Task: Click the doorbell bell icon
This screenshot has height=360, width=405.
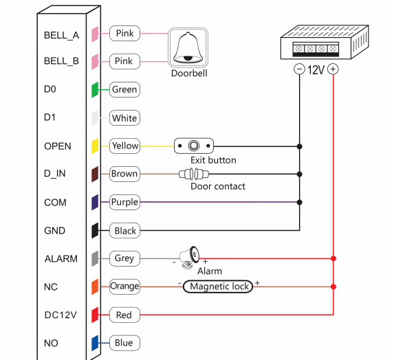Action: tap(188, 47)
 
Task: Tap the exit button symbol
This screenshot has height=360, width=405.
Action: tap(194, 146)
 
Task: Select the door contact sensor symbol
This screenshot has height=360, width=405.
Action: tap(194, 174)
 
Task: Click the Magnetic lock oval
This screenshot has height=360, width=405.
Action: tap(218, 286)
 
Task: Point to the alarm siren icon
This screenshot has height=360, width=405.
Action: tap(190, 258)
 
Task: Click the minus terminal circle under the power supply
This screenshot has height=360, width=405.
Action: tap(299, 69)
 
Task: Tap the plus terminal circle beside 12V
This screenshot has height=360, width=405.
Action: tap(333, 69)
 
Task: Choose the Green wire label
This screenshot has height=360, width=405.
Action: tap(124, 89)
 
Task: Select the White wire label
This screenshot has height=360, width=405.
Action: tap(124, 118)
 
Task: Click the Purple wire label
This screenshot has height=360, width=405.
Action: tap(124, 202)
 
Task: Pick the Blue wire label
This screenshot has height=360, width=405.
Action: tap(124, 343)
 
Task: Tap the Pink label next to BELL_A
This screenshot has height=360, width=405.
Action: tap(124, 33)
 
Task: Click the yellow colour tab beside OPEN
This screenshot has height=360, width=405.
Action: tap(95, 146)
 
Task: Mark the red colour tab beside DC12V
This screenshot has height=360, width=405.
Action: tap(95, 315)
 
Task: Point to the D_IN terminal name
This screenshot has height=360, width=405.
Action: tap(55, 173)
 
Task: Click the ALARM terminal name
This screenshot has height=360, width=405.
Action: tap(61, 258)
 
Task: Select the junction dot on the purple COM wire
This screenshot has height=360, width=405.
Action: tap(300, 202)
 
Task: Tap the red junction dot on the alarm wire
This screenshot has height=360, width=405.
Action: tap(333, 258)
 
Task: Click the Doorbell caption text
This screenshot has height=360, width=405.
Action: tap(189, 74)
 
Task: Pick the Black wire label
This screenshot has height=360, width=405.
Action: tap(124, 230)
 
